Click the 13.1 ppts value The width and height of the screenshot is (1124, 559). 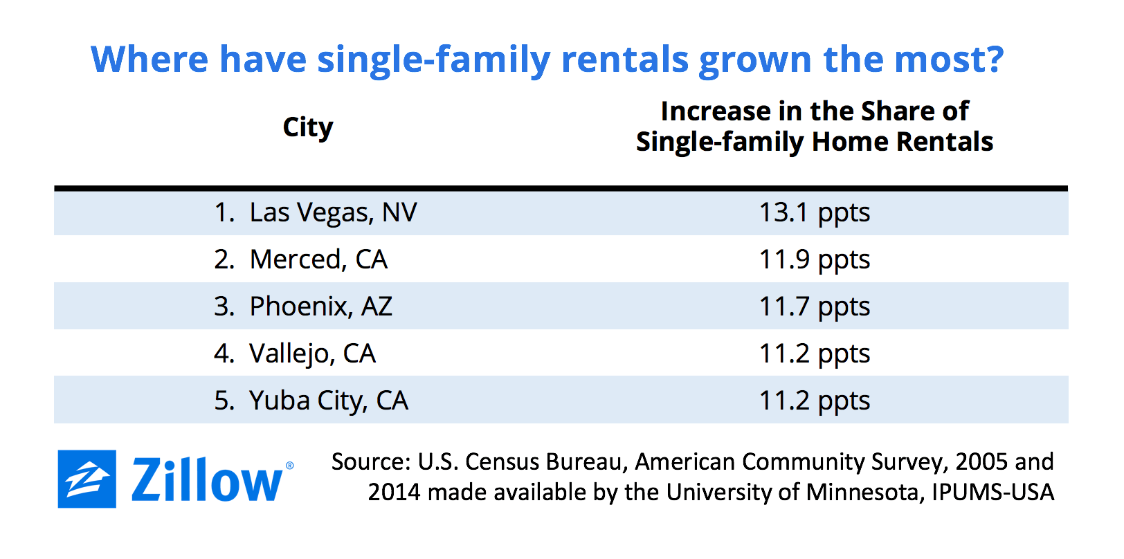814,212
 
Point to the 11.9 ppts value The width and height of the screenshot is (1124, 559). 814,259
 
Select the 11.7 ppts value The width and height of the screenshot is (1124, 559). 814,306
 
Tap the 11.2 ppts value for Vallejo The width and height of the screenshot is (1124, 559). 814,354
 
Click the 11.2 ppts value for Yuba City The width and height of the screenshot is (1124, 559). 814,401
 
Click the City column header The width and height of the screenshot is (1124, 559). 308,127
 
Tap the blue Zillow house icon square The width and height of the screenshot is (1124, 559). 87,479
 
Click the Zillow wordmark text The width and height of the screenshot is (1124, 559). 207,480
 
